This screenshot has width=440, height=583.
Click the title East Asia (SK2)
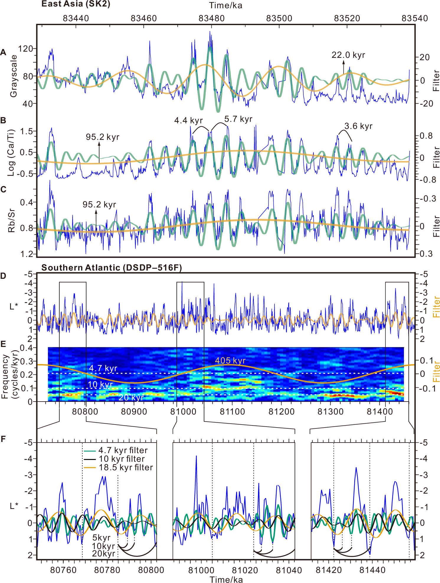76,4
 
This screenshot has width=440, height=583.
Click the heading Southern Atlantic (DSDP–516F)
112,268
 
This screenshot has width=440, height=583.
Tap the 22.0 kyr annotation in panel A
348,55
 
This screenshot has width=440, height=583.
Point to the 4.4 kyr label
189,121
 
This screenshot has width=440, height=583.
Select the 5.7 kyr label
238,119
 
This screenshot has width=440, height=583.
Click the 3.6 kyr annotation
358,126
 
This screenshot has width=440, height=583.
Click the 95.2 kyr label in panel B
102,137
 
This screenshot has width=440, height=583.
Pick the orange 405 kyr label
230,361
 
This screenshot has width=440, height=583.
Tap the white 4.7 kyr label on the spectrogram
103,369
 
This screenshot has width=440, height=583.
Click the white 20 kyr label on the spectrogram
131,397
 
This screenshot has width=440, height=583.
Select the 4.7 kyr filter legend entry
122,451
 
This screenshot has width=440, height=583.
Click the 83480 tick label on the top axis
212,18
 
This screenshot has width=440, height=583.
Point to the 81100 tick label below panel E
232,412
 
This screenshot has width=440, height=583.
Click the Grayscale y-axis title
13,76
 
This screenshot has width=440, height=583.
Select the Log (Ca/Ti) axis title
11,153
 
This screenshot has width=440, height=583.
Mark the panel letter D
3,276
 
